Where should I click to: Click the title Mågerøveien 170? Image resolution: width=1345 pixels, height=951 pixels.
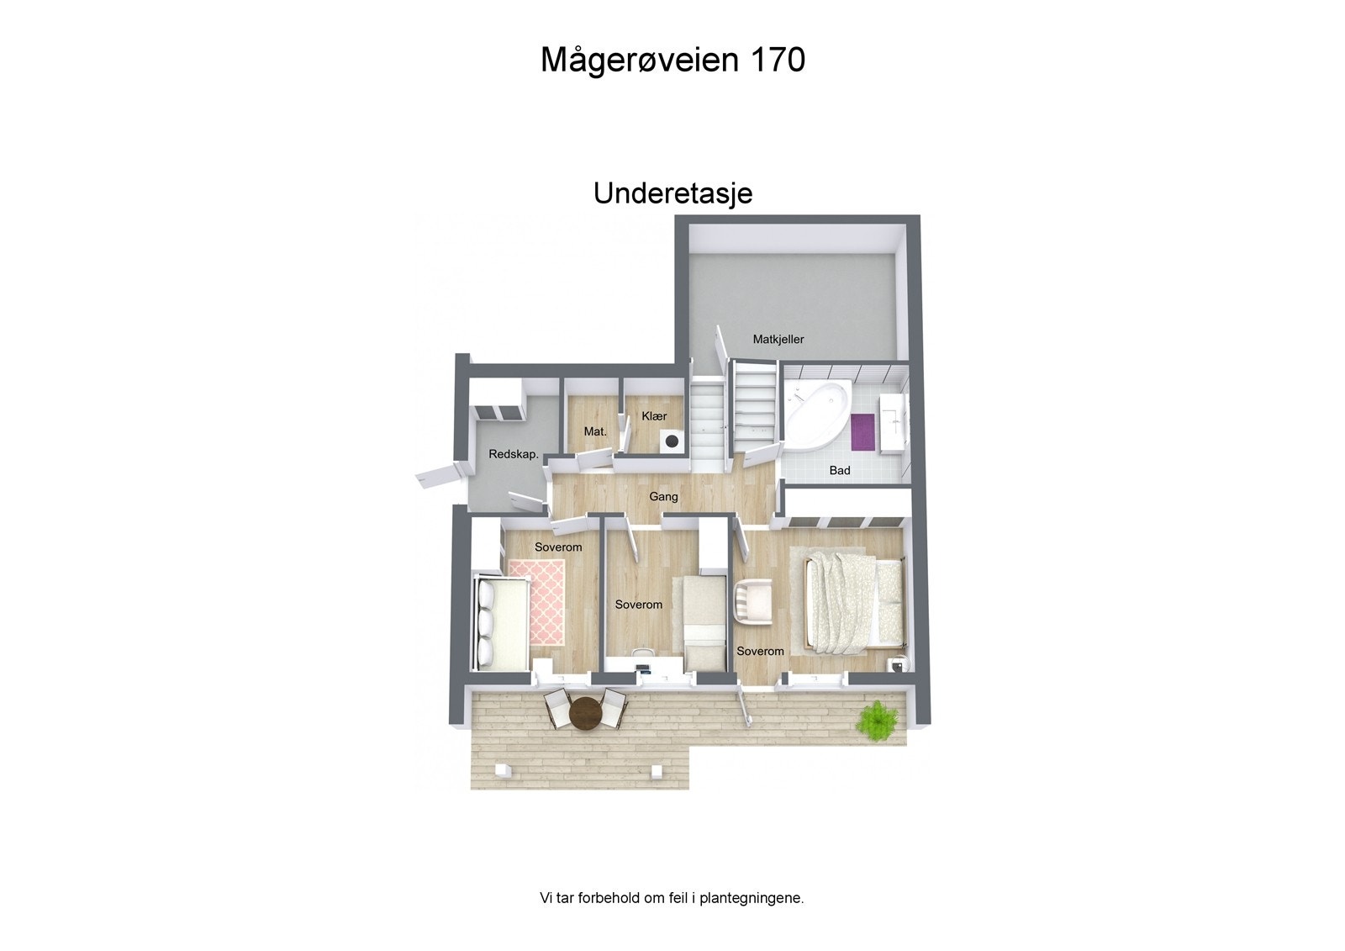pos(672,61)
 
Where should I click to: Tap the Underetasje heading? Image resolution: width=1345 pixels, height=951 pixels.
pos(672,193)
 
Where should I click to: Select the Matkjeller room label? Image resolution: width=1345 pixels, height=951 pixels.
pos(778,340)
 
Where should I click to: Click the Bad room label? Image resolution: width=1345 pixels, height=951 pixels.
pos(840,471)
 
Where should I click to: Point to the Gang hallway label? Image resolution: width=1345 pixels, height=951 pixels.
pos(663,497)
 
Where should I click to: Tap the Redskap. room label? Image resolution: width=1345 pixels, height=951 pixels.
pos(514,455)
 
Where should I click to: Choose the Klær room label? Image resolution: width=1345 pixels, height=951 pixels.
pos(654,416)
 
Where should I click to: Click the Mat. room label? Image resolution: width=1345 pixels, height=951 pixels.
pos(595,432)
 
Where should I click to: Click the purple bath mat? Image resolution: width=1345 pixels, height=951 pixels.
pos(863,431)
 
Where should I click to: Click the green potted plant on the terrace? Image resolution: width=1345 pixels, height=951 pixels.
pos(877,721)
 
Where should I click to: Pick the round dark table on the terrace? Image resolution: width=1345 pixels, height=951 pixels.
pos(586,715)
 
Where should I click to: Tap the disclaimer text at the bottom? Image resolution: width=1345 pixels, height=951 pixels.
pos(672,898)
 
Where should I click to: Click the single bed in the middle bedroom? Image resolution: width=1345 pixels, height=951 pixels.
pos(702,622)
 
